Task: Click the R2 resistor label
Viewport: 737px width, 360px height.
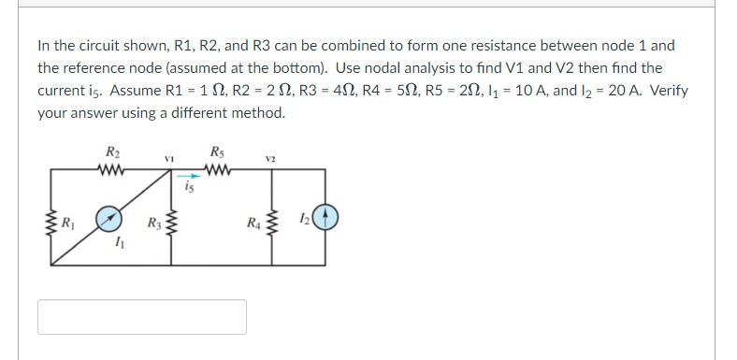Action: (x=112, y=153)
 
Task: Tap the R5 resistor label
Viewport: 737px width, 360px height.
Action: (x=218, y=153)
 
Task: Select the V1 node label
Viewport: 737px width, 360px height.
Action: (x=169, y=160)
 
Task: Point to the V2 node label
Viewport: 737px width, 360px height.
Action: (x=269, y=160)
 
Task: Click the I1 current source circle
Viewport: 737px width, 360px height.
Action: (x=111, y=218)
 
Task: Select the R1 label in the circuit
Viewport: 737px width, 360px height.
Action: (x=68, y=223)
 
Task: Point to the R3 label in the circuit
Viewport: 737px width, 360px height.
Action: (x=152, y=223)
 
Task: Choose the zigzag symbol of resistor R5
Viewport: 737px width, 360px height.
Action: (x=218, y=169)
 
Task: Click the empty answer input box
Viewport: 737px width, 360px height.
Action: (x=142, y=316)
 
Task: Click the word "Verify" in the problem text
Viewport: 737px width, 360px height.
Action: (x=666, y=92)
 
